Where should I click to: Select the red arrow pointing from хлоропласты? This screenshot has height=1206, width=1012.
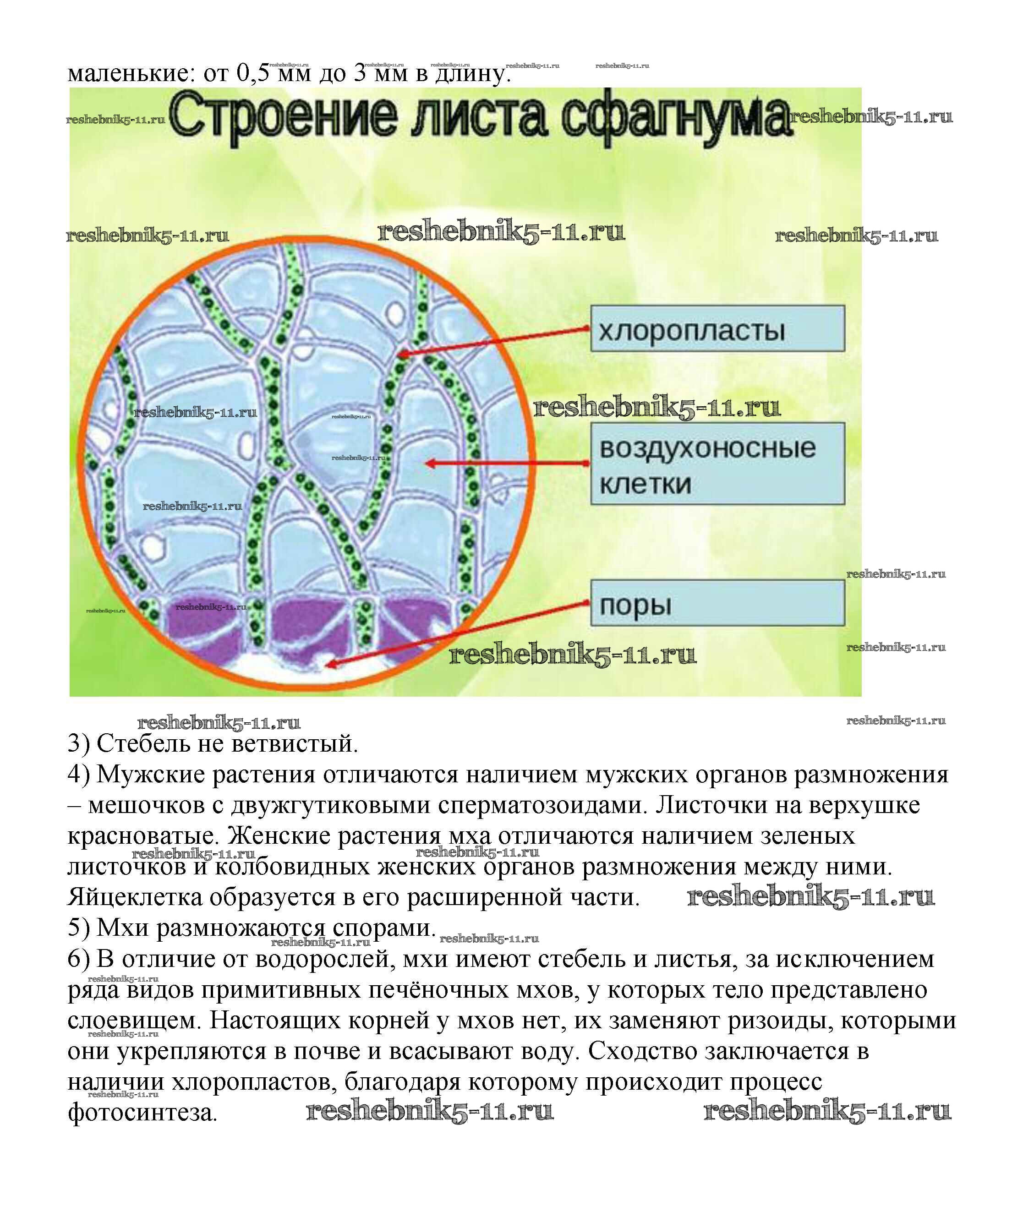pyautogui.click(x=494, y=341)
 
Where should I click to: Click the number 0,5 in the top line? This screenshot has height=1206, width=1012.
pyautogui.click(x=253, y=72)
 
